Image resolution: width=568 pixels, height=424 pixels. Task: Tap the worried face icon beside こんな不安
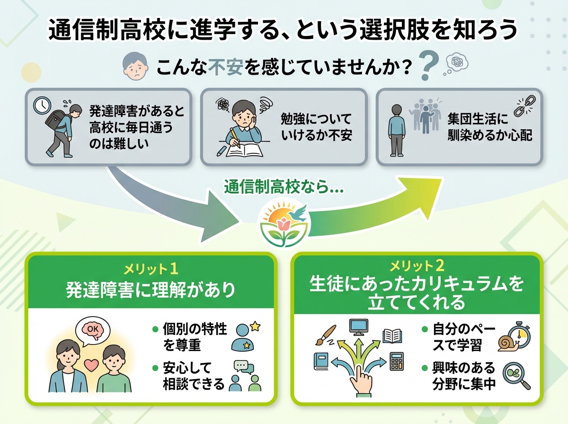[133, 67]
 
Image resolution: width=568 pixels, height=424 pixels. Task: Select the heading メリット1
[151, 269]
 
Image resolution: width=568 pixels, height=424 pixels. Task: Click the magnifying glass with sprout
[515, 376]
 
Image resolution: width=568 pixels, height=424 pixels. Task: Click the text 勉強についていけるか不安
[317, 126]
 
